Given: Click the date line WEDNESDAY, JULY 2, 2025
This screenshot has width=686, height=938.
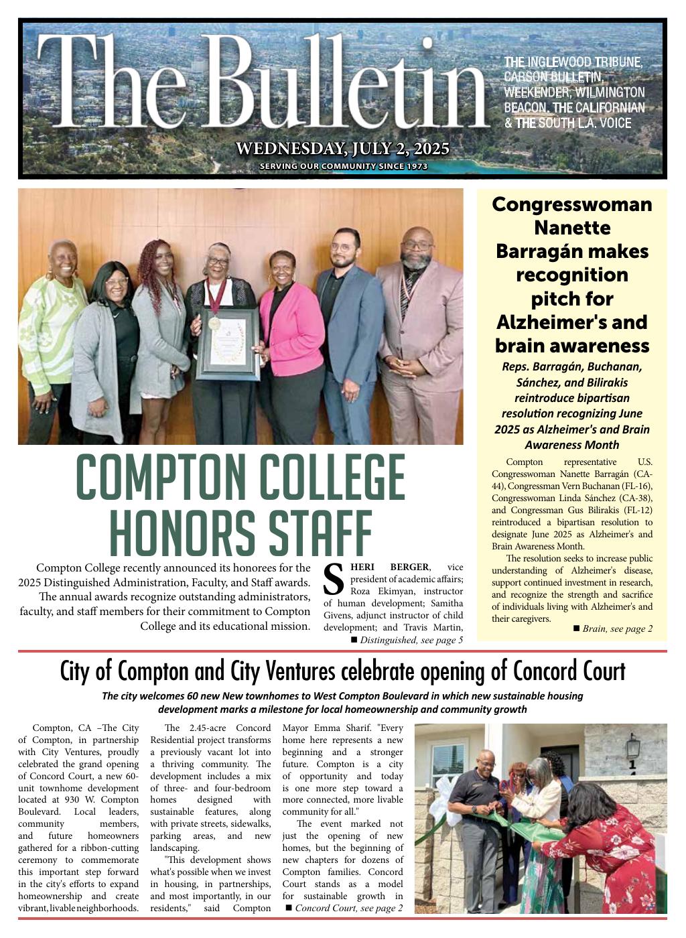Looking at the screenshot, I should [x=342, y=149].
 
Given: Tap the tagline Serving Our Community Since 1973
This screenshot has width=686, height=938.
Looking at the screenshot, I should [x=343, y=167].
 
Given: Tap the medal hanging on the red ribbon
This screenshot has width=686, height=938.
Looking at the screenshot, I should [x=214, y=323].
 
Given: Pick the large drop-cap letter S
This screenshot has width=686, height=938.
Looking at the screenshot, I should [x=334, y=580].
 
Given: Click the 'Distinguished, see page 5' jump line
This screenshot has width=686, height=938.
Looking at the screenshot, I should [x=411, y=640].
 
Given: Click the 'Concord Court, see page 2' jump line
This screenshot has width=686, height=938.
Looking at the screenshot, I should [x=348, y=908].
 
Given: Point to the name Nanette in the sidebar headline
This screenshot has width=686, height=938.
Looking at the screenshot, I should [x=571, y=228].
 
